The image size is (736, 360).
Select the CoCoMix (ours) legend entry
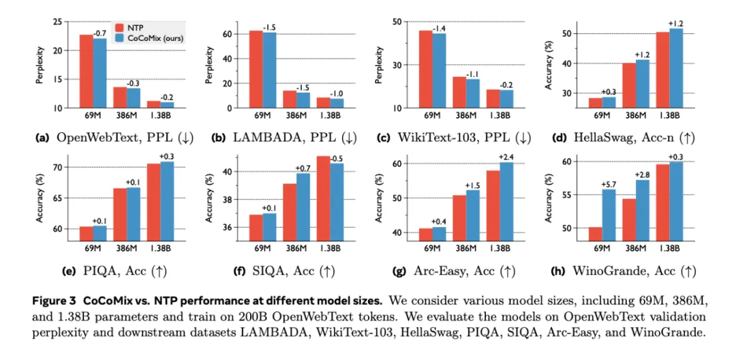pyautogui.click(x=151, y=37)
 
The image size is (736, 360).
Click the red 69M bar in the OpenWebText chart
pyautogui.click(x=86, y=71)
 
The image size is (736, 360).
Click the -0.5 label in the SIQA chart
pyautogui.click(x=336, y=159)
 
